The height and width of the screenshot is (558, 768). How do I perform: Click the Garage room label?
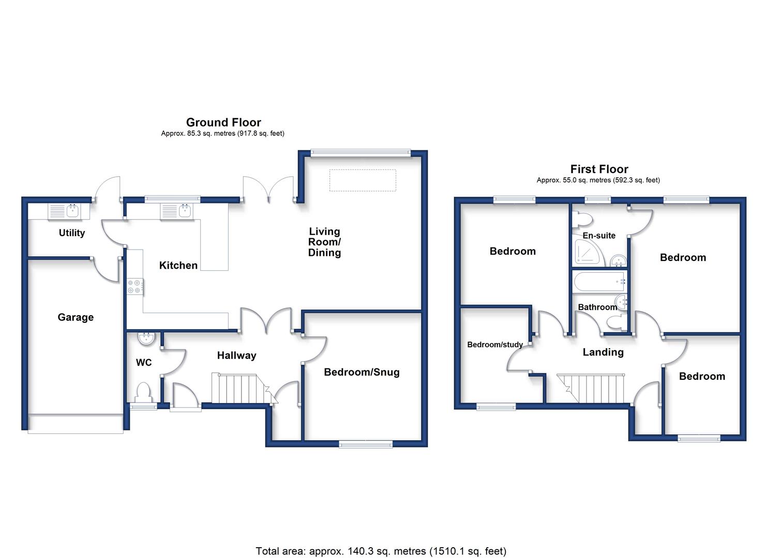[x=76, y=318]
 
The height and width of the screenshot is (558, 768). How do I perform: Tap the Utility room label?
[x=72, y=233]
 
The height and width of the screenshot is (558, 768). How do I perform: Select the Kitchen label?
[x=178, y=266]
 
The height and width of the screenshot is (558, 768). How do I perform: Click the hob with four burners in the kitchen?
[x=134, y=286]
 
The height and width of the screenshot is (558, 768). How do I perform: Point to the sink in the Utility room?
[x=65, y=211]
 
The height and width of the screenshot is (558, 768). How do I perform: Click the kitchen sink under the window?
[x=176, y=211]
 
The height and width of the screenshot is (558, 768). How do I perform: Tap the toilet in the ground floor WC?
[x=143, y=393]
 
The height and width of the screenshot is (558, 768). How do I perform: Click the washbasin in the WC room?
[x=147, y=338]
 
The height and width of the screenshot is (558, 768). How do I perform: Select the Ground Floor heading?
[x=223, y=122]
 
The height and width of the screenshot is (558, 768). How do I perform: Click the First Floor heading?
[x=599, y=169]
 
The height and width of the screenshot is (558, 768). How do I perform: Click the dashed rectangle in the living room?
[x=363, y=180]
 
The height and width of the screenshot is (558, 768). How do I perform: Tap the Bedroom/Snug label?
[x=362, y=372]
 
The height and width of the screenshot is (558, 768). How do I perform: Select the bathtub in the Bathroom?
[x=599, y=282]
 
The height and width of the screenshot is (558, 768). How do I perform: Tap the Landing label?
[x=603, y=352]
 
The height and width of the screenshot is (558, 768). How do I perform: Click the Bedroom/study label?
[x=495, y=345]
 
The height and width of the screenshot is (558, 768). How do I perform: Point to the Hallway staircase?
[x=244, y=389]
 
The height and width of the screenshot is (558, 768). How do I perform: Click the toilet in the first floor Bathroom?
[x=616, y=322]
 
